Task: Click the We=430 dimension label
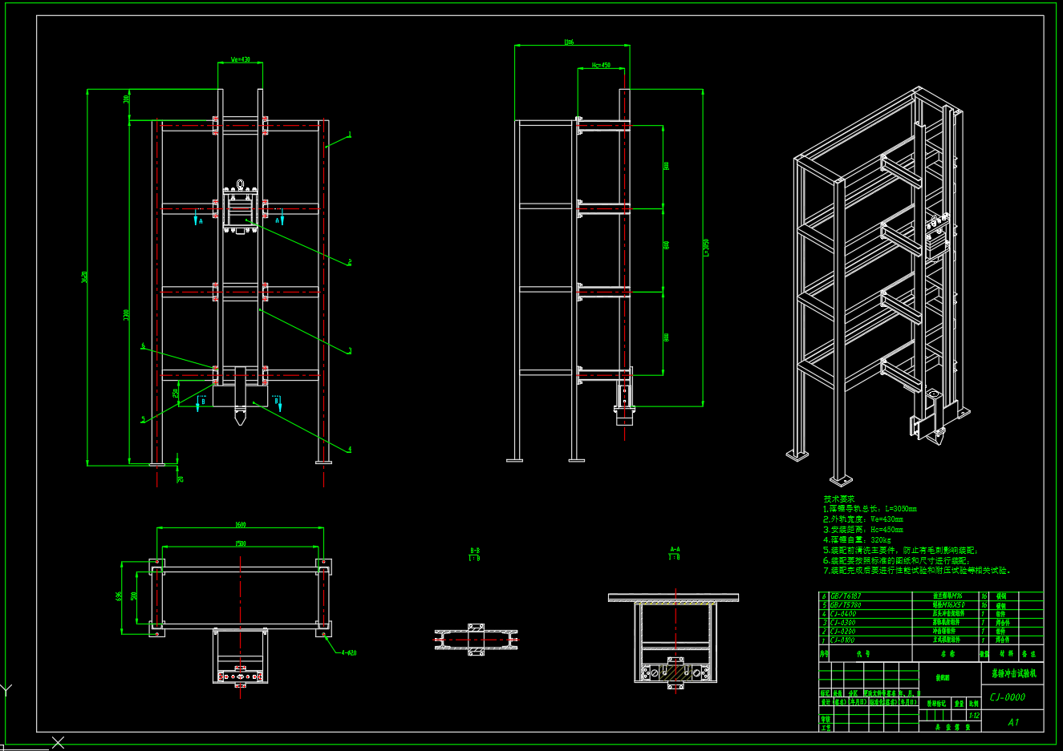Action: tap(241, 59)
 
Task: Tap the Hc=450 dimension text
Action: tap(602, 65)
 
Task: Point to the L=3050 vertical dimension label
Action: tap(707, 248)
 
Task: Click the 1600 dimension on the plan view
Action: tap(241, 525)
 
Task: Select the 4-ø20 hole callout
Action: tap(348, 652)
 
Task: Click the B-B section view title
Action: tap(475, 551)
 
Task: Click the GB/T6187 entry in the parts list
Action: tap(846, 596)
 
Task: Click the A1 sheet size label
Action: tap(1013, 722)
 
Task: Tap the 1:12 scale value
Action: tap(974, 716)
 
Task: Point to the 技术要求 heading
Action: tap(839, 499)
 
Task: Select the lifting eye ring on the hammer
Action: tap(240, 184)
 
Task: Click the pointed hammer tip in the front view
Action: tap(240, 419)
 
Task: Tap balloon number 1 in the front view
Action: tap(350, 135)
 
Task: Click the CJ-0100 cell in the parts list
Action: tap(843, 640)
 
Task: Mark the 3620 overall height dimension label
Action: tap(85, 277)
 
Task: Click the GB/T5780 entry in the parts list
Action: tap(846, 605)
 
